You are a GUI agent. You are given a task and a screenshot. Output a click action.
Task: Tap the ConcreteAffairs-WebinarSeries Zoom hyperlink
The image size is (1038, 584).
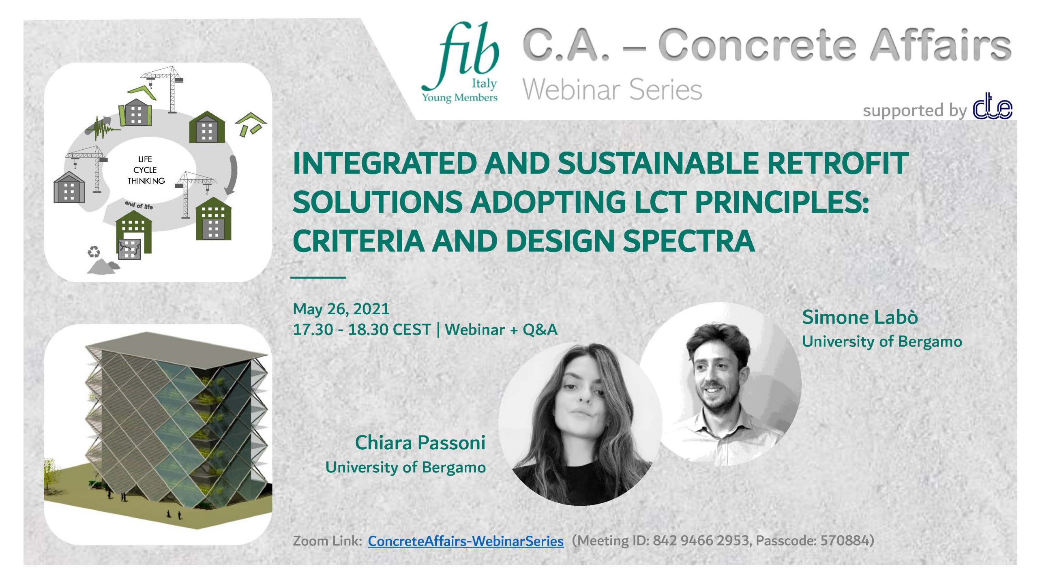pyautogui.click(x=465, y=541)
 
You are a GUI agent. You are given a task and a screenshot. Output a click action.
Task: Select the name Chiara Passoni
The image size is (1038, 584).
pyautogui.click(x=420, y=442)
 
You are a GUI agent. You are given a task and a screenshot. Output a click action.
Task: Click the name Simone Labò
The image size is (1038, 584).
pyautogui.click(x=860, y=317)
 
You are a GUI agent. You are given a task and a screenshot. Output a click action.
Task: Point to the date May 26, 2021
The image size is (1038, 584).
pyautogui.click(x=341, y=309)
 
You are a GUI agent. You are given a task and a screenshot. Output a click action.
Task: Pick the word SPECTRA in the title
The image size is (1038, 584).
pyautogui.click(x=689, y=241)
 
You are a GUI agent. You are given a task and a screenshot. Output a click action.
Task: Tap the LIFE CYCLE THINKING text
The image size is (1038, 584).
pyautogui.click(x=146, y=170)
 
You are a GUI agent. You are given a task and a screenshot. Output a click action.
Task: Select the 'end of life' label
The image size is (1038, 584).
pyautogui.click(x=139, y=205)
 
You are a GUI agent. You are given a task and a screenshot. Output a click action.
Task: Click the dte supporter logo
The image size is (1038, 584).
pyautogui.click(x=993, y=106)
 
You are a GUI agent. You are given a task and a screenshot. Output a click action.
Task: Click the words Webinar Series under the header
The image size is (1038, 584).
pyautogui.click(x=612, y=89)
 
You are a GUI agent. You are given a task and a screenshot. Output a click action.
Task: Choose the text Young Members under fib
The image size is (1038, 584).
pyautogui.click(x=460, y=98)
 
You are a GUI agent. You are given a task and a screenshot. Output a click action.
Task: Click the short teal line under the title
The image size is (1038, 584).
pyautogui.click(x=318, y=277)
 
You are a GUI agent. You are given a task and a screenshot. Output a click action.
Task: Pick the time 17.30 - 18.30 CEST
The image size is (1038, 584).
pyautogui.click(x=362, y=330)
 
